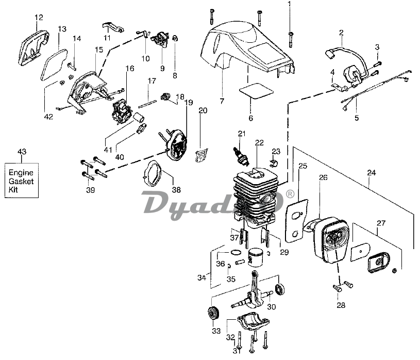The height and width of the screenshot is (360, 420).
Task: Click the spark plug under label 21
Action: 241,156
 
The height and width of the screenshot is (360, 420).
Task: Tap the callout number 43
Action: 22,152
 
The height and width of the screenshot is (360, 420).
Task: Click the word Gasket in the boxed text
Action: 21,181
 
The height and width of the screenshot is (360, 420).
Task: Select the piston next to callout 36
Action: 255,256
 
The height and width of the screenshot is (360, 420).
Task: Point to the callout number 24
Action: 371,173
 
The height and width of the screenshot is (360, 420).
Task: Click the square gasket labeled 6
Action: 256,91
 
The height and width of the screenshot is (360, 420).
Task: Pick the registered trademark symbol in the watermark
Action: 290,194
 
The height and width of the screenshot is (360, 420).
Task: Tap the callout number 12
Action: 39,18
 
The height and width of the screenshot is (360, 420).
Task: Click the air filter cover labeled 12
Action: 34,45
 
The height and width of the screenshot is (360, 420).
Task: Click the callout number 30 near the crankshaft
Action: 272,307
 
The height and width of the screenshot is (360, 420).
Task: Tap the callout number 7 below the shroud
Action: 222,101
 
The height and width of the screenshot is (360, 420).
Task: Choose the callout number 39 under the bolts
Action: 91,190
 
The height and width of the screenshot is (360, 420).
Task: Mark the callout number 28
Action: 341,305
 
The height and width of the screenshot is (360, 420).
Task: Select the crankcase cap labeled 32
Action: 253,323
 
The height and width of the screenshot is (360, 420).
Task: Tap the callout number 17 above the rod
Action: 152,81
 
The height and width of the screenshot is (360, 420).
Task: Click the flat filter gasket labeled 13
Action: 53,64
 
